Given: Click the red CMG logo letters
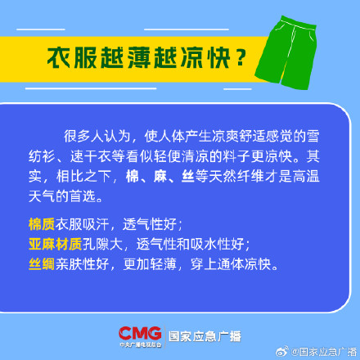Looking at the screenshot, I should coord(139,333).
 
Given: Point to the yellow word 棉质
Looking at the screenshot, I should coord(41,224).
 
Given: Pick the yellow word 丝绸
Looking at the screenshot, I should coord(41,265).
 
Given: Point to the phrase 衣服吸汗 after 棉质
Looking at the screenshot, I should coord(82,224).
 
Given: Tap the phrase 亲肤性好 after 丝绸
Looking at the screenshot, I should coord(82,265).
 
